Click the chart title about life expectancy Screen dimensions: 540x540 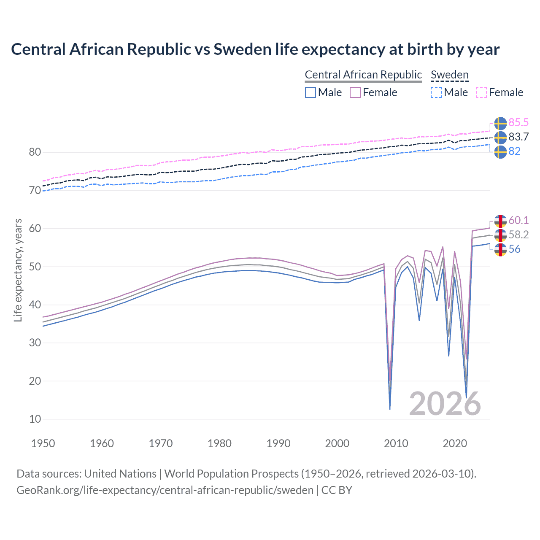(255, 49)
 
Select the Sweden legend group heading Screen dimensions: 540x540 (449, 75)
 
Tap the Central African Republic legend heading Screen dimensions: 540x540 (363, 75)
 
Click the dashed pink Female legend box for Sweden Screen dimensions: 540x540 (481, 92)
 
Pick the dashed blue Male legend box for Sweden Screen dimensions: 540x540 (436, 92)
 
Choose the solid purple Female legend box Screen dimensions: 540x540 (355, 92)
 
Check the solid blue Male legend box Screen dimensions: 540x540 (310, 92)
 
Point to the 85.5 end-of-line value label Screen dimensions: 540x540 (518, 122)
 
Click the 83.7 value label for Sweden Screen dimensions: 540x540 (518, 137)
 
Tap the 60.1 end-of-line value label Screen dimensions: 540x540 (518, 220)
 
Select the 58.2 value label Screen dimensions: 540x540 (518, 235)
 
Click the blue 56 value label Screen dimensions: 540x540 (514, 249)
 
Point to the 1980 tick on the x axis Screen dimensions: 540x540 (219, 443)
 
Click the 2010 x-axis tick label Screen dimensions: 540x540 (396, 443)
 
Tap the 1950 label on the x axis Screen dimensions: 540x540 (43, 443)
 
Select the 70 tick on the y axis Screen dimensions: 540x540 (35, 190)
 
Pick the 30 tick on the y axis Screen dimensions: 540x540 (35, 343)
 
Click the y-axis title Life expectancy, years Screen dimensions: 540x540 (18, 270)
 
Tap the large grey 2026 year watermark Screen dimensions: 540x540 (445, 404)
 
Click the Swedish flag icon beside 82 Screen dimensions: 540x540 (500, 151)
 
